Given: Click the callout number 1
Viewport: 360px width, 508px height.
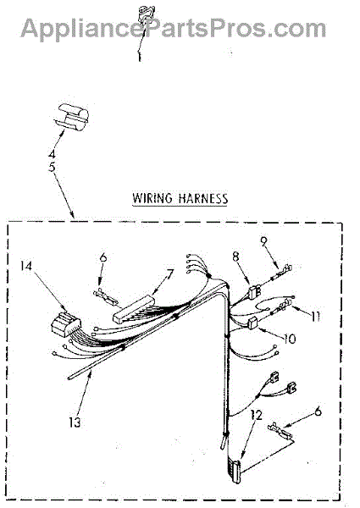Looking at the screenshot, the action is click(x=140, y=57).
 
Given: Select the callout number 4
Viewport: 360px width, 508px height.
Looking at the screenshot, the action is click(x=52, y=153).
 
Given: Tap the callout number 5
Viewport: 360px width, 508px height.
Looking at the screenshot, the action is click(x=52, y=167).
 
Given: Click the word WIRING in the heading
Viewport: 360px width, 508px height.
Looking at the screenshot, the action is click(x=152, y=198).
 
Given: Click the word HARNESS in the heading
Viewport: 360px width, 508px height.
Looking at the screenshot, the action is click(x=203, y=198).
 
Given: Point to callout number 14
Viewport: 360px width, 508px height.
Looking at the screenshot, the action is click(x=26, y=266).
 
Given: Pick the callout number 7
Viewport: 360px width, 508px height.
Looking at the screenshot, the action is click(x=169, y=274).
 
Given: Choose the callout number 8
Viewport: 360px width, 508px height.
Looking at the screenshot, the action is click(x=235, y=257).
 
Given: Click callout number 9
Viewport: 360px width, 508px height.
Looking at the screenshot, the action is click(x=264, y=240).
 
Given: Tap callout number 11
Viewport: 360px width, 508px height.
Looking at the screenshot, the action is click(x=314, y=316).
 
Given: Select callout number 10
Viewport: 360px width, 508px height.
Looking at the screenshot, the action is click(x=290, y=339).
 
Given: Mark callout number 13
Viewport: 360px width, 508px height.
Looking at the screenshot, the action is click(x=75, y=422).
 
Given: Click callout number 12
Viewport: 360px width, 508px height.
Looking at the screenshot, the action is click(x=256, y=415).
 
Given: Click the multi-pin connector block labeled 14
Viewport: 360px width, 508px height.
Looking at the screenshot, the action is click(x=66, y=323).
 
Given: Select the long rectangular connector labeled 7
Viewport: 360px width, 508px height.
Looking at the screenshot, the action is click(x=134, y=309).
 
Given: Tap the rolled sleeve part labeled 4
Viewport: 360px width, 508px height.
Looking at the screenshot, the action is click(x=72, y=117).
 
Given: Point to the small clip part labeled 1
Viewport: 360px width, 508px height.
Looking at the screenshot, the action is click(x=143, y=14).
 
